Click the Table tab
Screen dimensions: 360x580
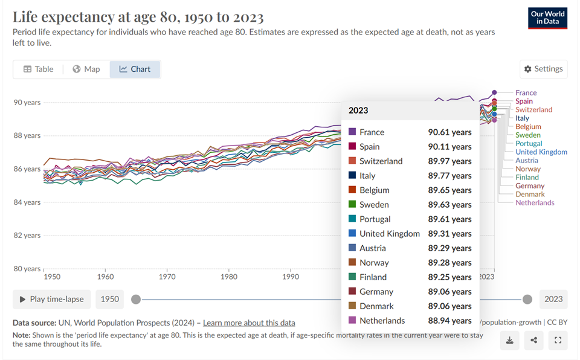pos(39,69)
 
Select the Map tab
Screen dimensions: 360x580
pos(86,69)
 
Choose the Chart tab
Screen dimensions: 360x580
pos(135,69)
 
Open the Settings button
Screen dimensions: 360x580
pos(543,69)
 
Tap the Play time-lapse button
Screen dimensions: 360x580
pos(52,299)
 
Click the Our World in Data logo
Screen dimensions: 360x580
pos(547,18)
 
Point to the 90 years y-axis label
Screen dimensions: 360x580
pos(27,103)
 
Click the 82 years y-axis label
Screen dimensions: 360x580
pos(27,236)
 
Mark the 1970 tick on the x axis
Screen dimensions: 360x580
pos(167,277)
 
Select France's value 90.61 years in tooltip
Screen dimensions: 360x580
pos(449,132)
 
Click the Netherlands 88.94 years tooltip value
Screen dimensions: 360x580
pos(449,321)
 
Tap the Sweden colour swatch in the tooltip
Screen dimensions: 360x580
pos(352,205)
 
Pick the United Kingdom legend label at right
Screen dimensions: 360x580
pos(541,152)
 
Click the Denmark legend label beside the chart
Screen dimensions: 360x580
pos(530,194)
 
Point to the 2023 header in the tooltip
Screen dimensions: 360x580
pos(358,111)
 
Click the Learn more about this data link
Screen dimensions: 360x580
pos(249,323)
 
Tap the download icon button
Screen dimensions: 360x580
pos(509,341)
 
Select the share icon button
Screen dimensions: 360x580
pos(533,341)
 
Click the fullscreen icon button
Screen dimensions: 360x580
pos(558,341)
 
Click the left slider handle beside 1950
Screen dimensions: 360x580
pos(136,299)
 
